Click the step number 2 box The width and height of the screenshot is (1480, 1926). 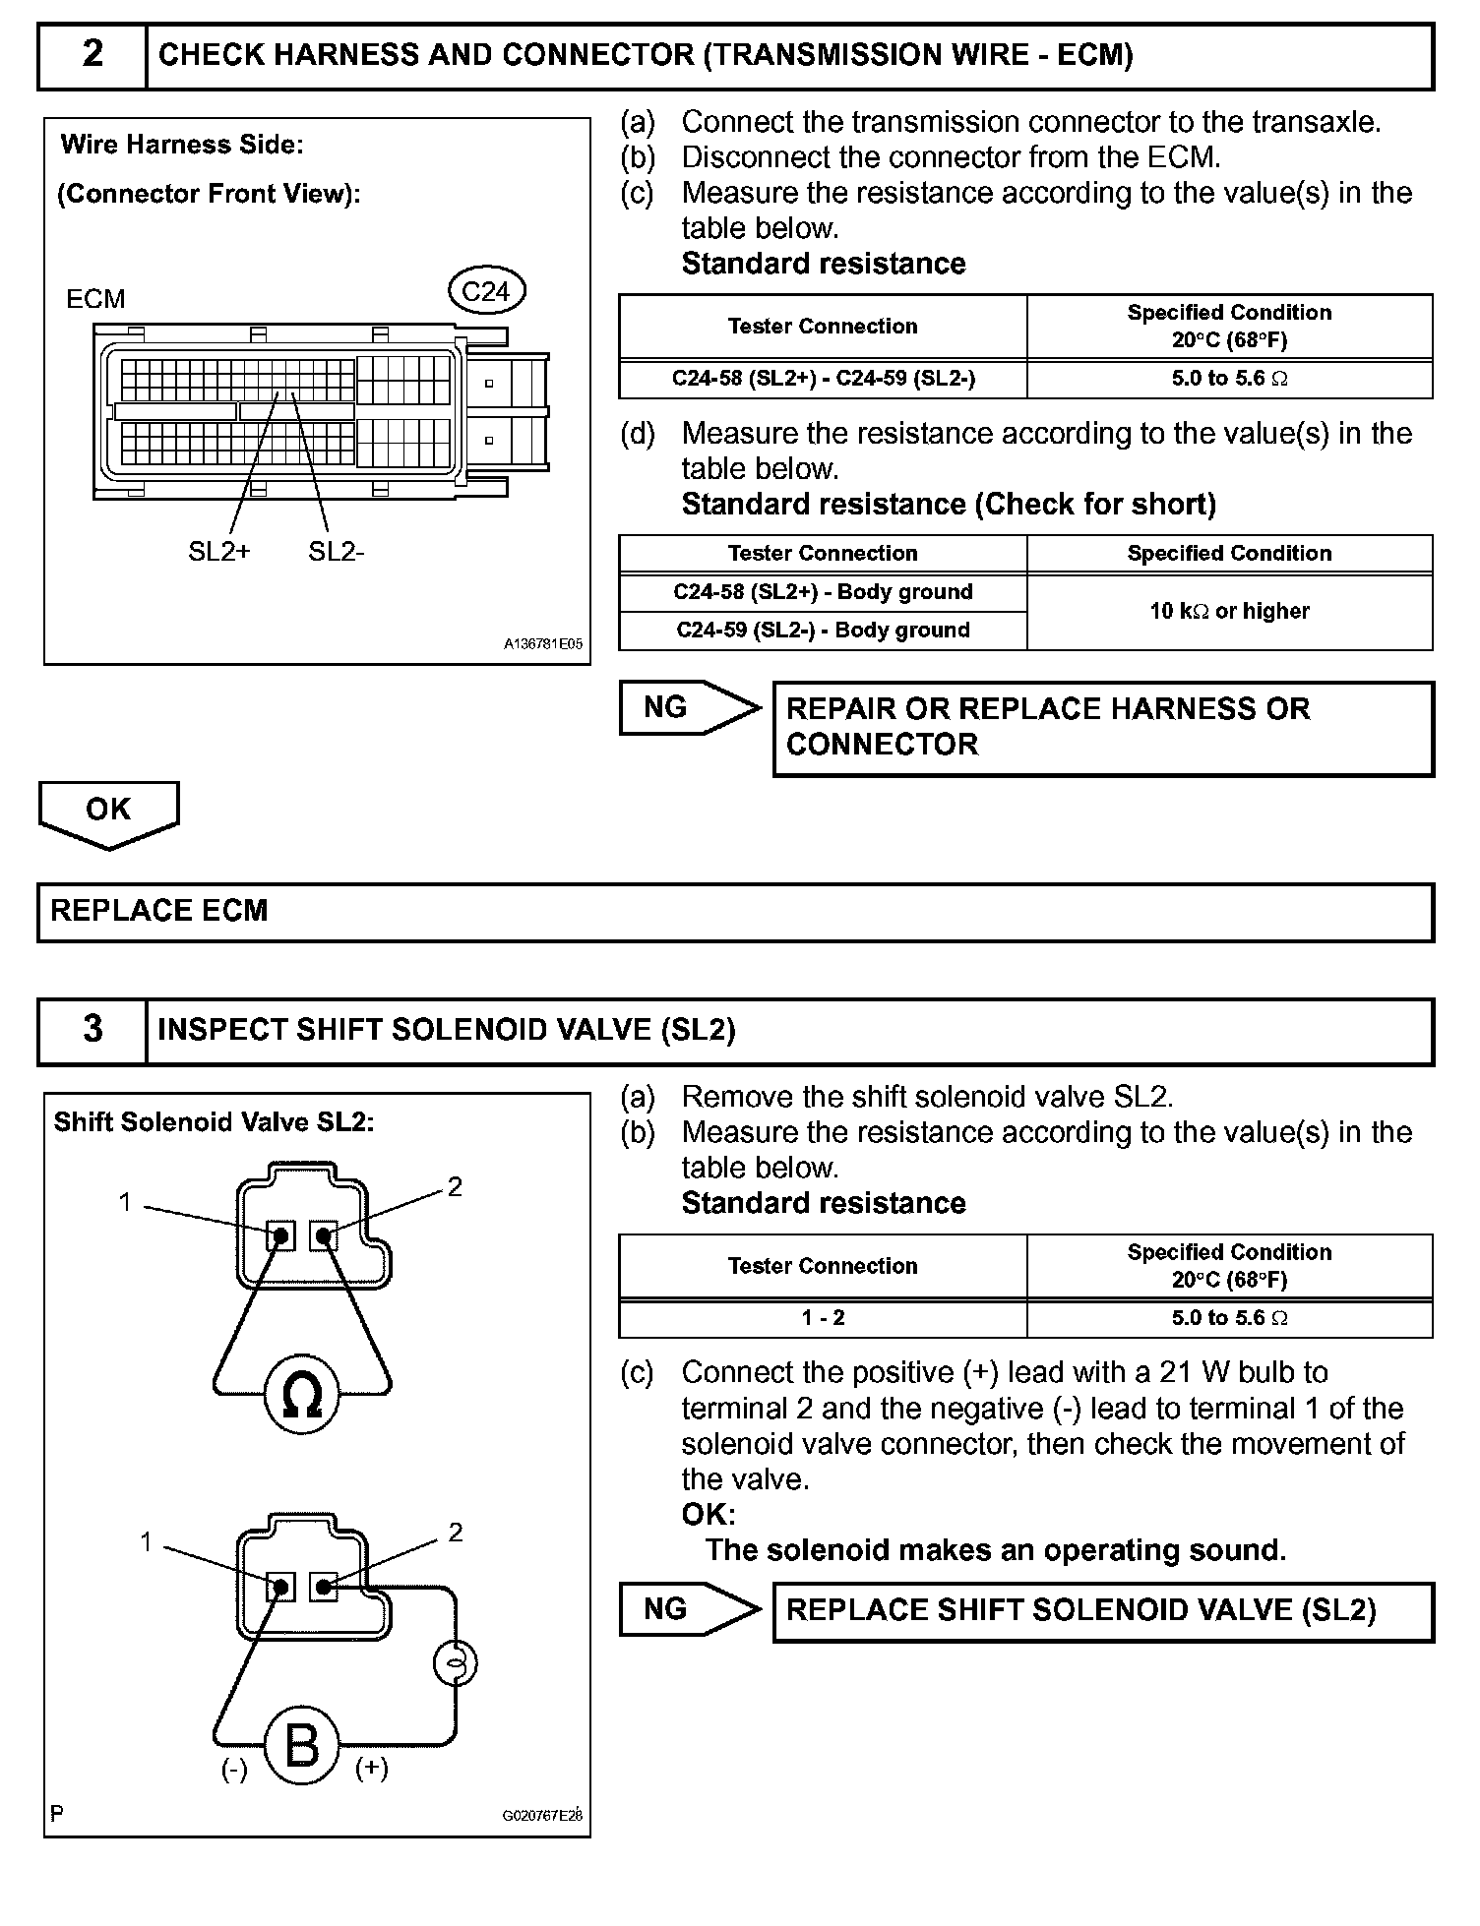(x=92, y=55)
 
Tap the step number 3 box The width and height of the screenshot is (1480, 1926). (x=92, y=1030)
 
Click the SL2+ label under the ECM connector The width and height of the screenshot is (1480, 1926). (x=218, y=552)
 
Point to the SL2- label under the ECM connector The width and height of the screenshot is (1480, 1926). (x=336, y=552)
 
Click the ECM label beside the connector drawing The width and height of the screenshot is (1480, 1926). (x=95, y=299)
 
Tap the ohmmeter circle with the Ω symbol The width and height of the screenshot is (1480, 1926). (x=301, y=1396)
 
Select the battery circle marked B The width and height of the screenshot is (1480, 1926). (x=301, y=1746)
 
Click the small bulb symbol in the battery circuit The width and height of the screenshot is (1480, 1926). (x=455, y=1663)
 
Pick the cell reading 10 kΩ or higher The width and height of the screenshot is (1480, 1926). (x=1229, y=611)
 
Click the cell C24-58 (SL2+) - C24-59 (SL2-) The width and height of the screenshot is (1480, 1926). (x=823, y=379)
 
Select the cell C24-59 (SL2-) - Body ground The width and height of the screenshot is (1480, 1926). (x=823, y=631)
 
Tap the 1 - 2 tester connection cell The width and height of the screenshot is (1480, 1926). (x=823, y=1318)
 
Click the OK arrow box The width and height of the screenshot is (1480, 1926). (x=108, y=811)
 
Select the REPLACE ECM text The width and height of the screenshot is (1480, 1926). (x=159, y=911)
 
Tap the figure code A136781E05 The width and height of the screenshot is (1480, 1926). (x=542, y=644)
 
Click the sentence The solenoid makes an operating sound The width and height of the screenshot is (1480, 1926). (x=995, y=1550)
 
